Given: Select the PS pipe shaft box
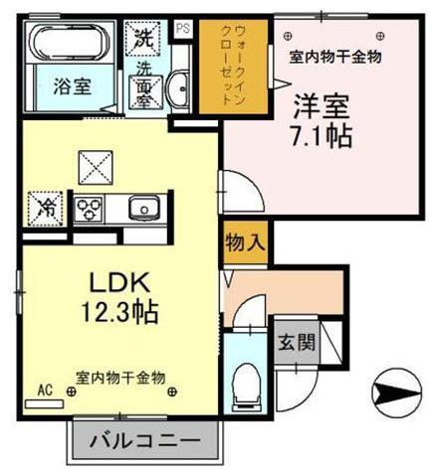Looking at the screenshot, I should tap(183, 29).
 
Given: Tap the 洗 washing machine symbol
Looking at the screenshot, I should tap(144, 40).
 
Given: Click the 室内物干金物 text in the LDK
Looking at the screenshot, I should tap(120, 377).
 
